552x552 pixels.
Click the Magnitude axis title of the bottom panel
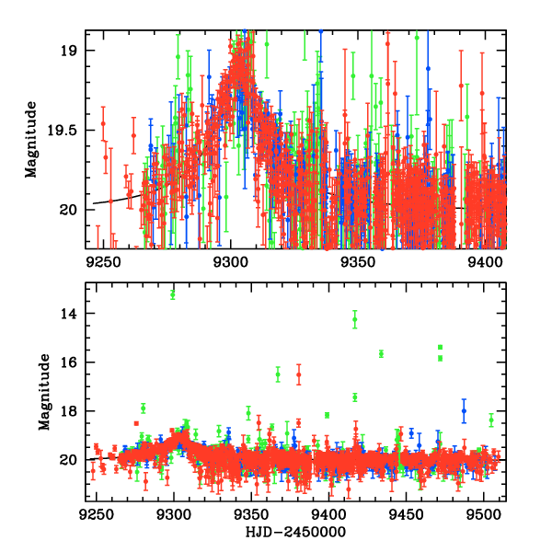pos(43,394)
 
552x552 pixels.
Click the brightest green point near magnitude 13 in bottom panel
pos(172,294)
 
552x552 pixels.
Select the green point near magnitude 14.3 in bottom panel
pos(355,319)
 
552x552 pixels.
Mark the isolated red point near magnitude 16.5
pos(299,374)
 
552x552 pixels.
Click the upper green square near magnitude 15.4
pos(441,347)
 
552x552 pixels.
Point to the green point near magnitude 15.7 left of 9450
pos(381,353)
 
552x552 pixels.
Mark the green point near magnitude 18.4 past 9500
pos(491,420)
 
